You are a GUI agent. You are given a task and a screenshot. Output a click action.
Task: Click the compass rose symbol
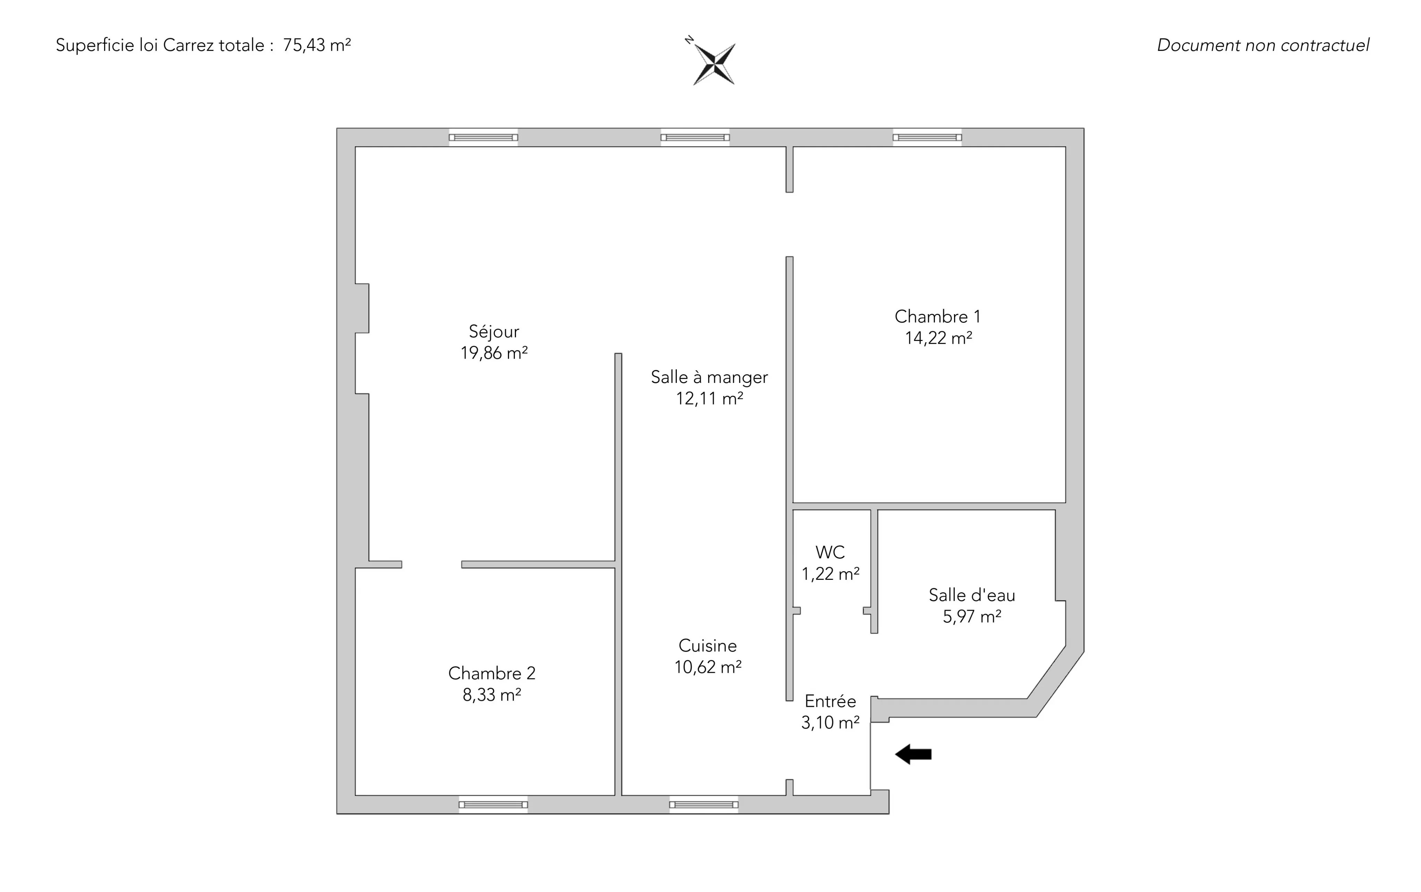coord(714,63)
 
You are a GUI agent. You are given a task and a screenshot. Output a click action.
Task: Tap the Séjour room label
coord(494,332)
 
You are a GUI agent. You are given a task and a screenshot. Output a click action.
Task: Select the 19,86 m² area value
coord(494,353)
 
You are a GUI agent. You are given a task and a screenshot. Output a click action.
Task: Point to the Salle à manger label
coord(709,377)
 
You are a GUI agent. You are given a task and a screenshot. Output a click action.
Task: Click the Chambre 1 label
coord(938,317)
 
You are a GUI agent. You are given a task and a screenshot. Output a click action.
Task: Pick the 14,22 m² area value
coord(938,338)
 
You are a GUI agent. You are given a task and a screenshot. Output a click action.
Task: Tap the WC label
coord(830,552)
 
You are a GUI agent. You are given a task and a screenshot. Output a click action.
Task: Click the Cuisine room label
coord(707,645)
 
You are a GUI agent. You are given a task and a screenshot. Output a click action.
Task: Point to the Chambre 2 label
coord(492,673)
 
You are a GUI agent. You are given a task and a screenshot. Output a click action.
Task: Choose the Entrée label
coord(830,702)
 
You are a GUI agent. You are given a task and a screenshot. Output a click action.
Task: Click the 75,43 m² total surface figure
coord(317,45)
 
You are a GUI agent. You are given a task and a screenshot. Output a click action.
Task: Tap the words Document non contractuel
coord(1263,45)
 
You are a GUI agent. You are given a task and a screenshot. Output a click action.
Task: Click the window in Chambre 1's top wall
coord(927,137)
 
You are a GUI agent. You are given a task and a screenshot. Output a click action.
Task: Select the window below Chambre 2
coord(493,804)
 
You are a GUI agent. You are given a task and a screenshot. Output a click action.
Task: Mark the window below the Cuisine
coord(704,804)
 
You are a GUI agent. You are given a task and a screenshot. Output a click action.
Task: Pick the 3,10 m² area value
coord(830,723)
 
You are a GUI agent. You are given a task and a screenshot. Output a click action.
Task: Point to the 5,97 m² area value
coord(972,617)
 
